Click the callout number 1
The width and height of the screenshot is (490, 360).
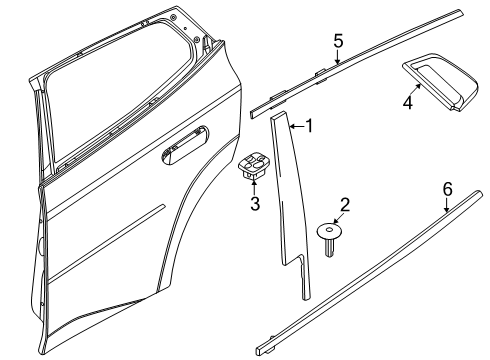coord(309,126)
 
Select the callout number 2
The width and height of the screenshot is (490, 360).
coord(345,205)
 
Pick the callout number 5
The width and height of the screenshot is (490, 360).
coord(338,40)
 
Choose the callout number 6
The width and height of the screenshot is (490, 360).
coord(447,188)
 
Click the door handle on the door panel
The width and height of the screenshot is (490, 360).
coord(183,147)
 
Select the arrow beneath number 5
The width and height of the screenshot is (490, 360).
coord(338,58)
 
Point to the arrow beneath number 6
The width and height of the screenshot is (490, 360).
coord(447,207)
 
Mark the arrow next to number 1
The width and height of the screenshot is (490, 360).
coord(295,126)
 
